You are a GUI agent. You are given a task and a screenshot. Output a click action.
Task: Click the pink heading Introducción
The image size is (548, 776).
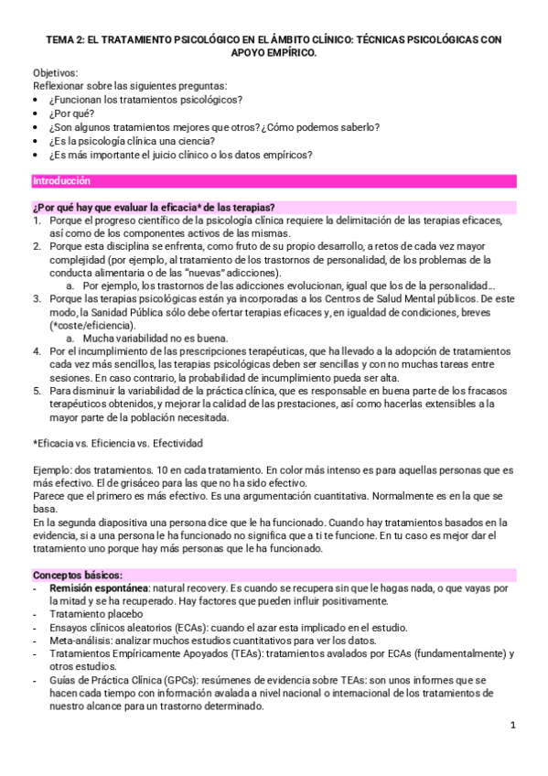(x=61, y=180)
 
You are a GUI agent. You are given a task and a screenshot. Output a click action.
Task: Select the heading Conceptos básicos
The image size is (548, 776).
(x=70, y=574)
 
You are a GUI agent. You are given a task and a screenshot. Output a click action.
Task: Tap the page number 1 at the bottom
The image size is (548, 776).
(x=513, y=725)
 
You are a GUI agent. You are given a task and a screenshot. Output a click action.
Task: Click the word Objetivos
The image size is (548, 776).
(x=56, y=72)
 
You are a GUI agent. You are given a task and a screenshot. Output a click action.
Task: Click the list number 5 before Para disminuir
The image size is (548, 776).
(x=37, y=391)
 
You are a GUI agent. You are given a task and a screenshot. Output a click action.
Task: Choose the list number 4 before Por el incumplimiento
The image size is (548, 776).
(x=37, y=351)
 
